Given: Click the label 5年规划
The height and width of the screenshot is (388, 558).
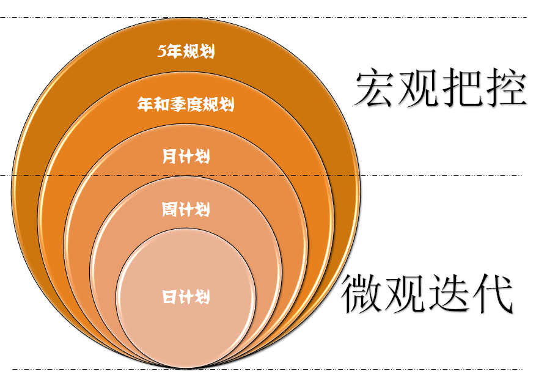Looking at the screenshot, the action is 186,52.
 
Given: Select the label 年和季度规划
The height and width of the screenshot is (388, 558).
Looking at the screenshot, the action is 186,104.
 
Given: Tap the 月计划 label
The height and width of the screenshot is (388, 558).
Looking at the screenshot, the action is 186,157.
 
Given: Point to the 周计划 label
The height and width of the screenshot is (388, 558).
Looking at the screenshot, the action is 186,210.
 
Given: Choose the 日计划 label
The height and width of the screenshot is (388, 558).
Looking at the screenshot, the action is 186,298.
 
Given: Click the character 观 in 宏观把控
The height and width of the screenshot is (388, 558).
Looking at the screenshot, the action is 419,89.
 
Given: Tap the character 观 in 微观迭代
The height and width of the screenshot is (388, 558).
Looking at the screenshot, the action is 405,293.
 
